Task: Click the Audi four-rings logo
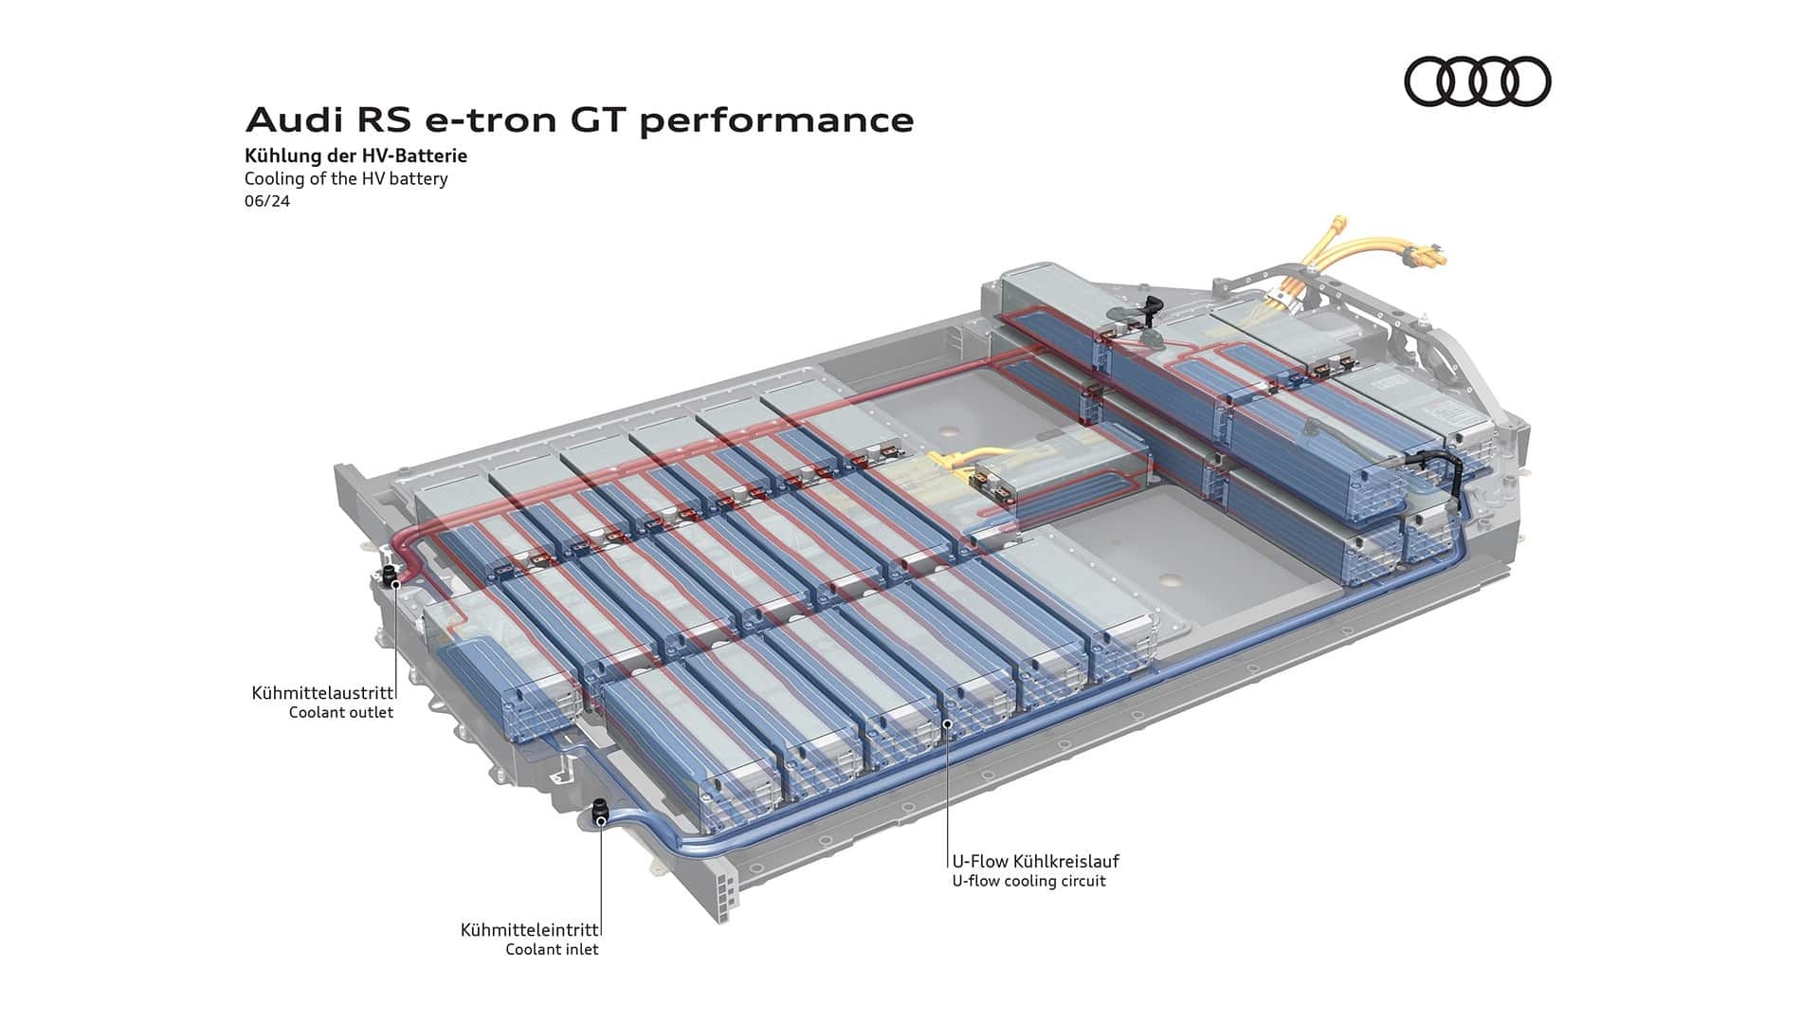click(x=1477, y=81)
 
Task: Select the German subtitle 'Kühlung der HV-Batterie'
click(x=355, y=155)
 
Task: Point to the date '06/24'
click(x=266, y=201)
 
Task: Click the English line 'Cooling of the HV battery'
click(x=346, y=178)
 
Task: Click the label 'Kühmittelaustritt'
click(x=322, y=693)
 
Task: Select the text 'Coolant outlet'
click(x=341, y=712)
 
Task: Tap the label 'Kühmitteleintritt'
click(x=530, y=930)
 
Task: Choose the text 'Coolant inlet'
click(x=553, y=949)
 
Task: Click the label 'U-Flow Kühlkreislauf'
click(x=1036, y=861)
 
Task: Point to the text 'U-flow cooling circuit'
click(x=1029, y=881)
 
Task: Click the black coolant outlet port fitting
click(x=389, y=576)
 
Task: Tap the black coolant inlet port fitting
click(x=600, y=813)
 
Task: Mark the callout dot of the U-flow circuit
click(x=947, y=723)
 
